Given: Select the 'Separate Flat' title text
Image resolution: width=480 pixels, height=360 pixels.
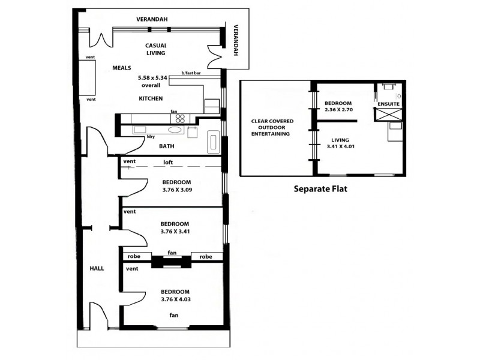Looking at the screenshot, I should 320,188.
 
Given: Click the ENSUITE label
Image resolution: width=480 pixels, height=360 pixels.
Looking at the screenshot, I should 389,104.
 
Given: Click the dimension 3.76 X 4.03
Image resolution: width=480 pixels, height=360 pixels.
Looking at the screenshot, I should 176,299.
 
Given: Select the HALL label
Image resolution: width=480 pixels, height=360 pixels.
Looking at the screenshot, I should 97,268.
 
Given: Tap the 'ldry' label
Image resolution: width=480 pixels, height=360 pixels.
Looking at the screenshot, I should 151,136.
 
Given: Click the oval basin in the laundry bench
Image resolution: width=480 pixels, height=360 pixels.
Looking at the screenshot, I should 176,129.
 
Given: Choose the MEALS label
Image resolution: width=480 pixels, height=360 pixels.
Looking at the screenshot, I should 122,68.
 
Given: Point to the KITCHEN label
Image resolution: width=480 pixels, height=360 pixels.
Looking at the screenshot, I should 151,98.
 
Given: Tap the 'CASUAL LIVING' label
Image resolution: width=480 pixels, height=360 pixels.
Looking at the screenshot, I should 156,49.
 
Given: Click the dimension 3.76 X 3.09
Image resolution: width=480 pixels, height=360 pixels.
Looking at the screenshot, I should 176,190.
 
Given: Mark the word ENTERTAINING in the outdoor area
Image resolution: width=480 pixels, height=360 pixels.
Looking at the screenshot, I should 272,134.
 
